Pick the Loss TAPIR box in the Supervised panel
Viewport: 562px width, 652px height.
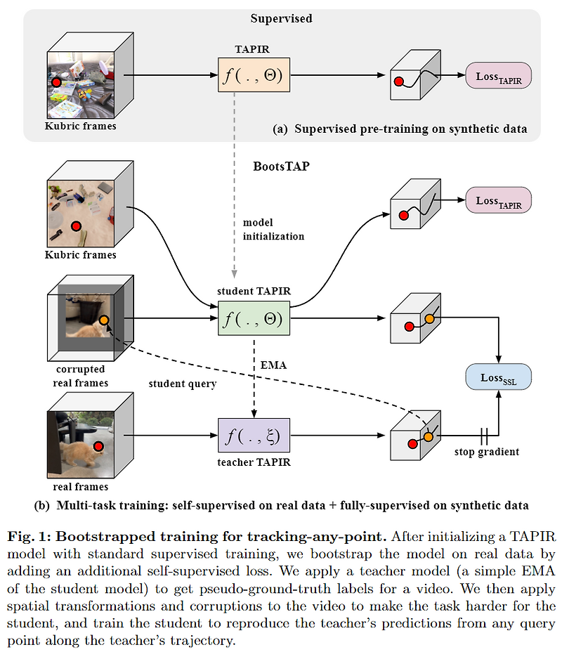(499, 77)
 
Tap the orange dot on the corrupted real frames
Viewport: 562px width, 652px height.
(104, 320)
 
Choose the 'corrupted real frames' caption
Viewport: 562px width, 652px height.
(79, 375)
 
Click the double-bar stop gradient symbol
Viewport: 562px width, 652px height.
(483, 436)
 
